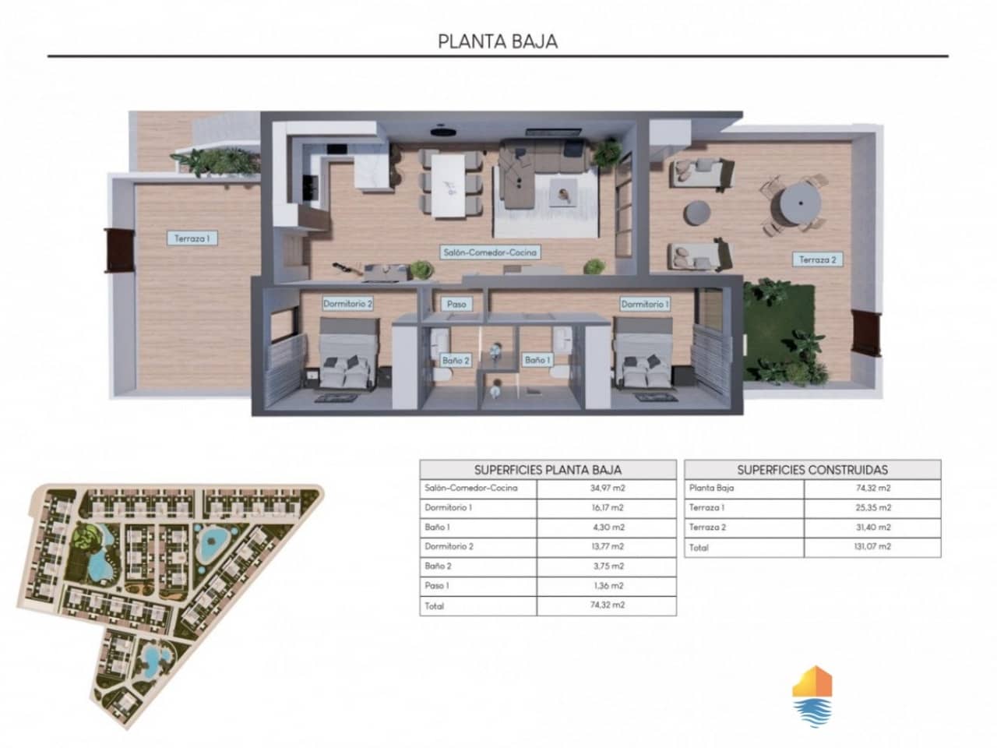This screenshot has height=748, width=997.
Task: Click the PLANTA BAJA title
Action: (498, 41)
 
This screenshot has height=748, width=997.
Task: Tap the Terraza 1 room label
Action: (192, 238)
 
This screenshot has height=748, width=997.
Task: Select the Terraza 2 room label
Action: (817, 259)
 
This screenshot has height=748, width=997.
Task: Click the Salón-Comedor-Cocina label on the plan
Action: (490, 252)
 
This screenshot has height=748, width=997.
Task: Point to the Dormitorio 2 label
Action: (347, 304)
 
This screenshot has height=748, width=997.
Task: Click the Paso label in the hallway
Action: (456, 304)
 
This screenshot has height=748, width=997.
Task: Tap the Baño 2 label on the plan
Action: (456, 360)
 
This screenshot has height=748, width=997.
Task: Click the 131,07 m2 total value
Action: (872, 547)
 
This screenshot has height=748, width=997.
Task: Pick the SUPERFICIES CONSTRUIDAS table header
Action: (812, 470)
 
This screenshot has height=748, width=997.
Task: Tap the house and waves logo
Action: (812, 696)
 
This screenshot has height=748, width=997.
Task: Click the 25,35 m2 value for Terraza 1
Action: (872, 508)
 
